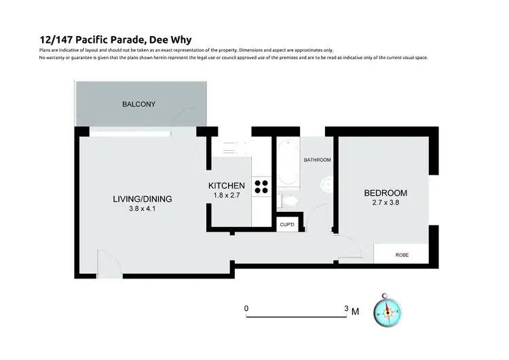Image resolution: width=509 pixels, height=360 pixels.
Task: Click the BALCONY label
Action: [x=139, y=104]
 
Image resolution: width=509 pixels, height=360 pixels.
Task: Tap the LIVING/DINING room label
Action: [x=142, y=199]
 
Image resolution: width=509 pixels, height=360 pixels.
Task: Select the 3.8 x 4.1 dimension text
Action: [x=142, y=209]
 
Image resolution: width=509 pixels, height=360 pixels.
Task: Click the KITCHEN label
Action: [x=226, y=185]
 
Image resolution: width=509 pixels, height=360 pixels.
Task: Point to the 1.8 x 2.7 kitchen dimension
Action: [x=226, y=195]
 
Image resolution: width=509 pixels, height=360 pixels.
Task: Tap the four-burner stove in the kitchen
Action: [x=261, y=187]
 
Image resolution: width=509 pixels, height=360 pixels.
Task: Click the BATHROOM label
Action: [x=317, y=160]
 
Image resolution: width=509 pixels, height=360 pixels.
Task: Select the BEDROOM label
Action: [x=385, y=193]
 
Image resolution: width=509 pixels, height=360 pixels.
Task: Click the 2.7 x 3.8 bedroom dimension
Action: [x=385, y=202]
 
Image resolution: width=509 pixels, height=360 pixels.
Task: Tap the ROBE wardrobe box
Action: [x=402, y=255]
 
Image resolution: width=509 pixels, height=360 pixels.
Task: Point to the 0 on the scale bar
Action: [x=246, y=308]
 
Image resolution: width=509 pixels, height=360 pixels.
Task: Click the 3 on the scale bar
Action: [x=346, y=308]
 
